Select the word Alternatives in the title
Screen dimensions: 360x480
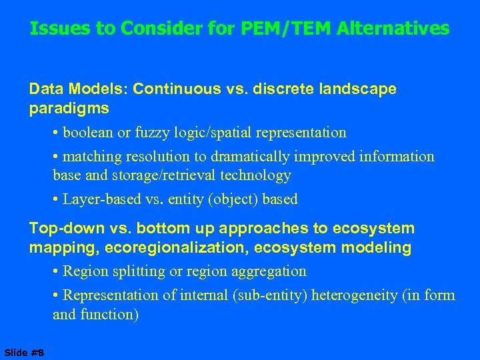pos(393,29)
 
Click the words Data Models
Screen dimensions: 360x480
pos(67,89)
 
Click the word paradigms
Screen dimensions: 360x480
pos(69,107)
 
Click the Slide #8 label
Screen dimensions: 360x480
pos(23,352)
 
